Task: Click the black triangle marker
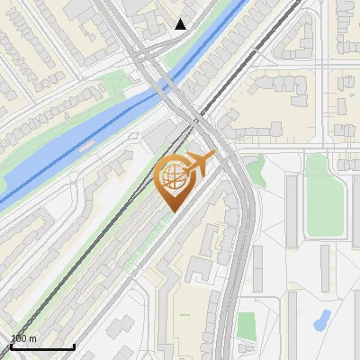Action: point(180,24)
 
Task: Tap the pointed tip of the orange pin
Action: point(172,211)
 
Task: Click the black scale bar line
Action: point(41,347)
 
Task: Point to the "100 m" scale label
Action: point(23,338)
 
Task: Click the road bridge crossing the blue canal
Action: point(165,85)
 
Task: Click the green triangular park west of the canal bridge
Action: point(117,85)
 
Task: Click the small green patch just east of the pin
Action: point(256,171)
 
